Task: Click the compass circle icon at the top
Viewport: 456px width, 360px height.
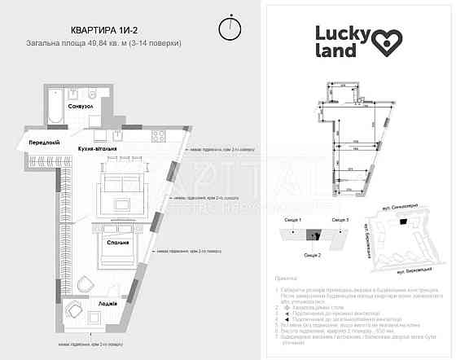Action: point(231,28)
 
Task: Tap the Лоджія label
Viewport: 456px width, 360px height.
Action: point(112,303)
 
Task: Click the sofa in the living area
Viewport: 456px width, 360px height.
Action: point(120,182)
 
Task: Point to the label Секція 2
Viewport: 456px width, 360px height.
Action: point(312,255)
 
